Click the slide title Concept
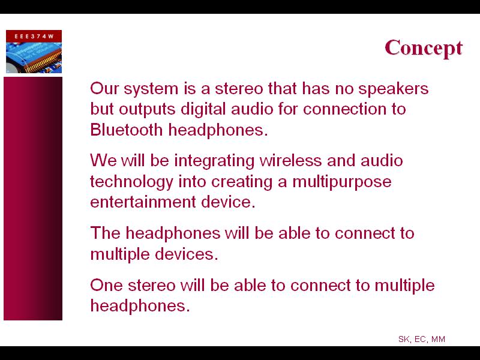tap(424, 49)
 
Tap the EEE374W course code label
tap(34, 36)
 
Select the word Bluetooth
tap(126, 130)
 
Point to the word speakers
tap(394, 89)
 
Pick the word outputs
tap(147, 110)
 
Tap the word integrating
tap(214, 161)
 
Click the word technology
tap(131, 182)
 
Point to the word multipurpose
tap(341, 182)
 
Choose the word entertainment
tap(143, 202)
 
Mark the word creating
tap(242, 182)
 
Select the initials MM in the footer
tap(438, 339)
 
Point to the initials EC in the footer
tap(421, 340)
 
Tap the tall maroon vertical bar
tap(33, 199)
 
